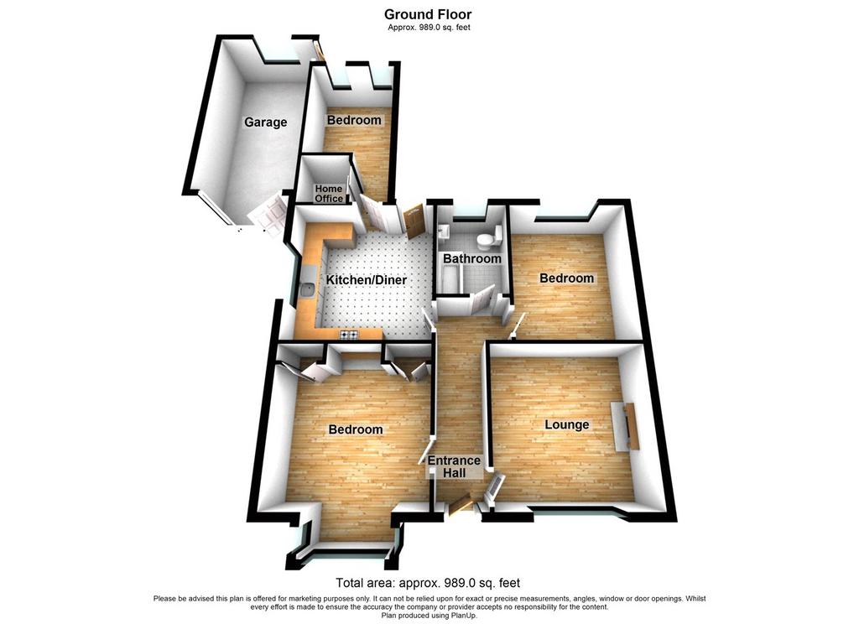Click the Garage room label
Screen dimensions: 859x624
(265, 122)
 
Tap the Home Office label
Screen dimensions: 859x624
(329, 194)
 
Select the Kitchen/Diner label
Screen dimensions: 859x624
(367, 280)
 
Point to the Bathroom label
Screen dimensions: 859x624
(472, 258)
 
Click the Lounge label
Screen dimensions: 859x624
(567, 424)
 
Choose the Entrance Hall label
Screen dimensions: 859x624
(454, 466)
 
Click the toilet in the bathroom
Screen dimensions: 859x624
(487, 238)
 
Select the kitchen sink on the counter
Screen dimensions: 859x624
(308, 289)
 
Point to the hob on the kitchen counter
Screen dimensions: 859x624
(349, 335)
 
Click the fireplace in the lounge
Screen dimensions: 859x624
(625, 426)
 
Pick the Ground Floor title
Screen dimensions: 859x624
(428, 14)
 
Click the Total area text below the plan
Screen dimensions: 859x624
(429, 583)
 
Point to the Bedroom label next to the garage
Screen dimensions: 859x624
(354, 120)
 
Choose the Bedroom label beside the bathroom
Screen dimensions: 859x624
(566, 278)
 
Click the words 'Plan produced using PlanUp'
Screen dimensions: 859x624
(429, 616)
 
